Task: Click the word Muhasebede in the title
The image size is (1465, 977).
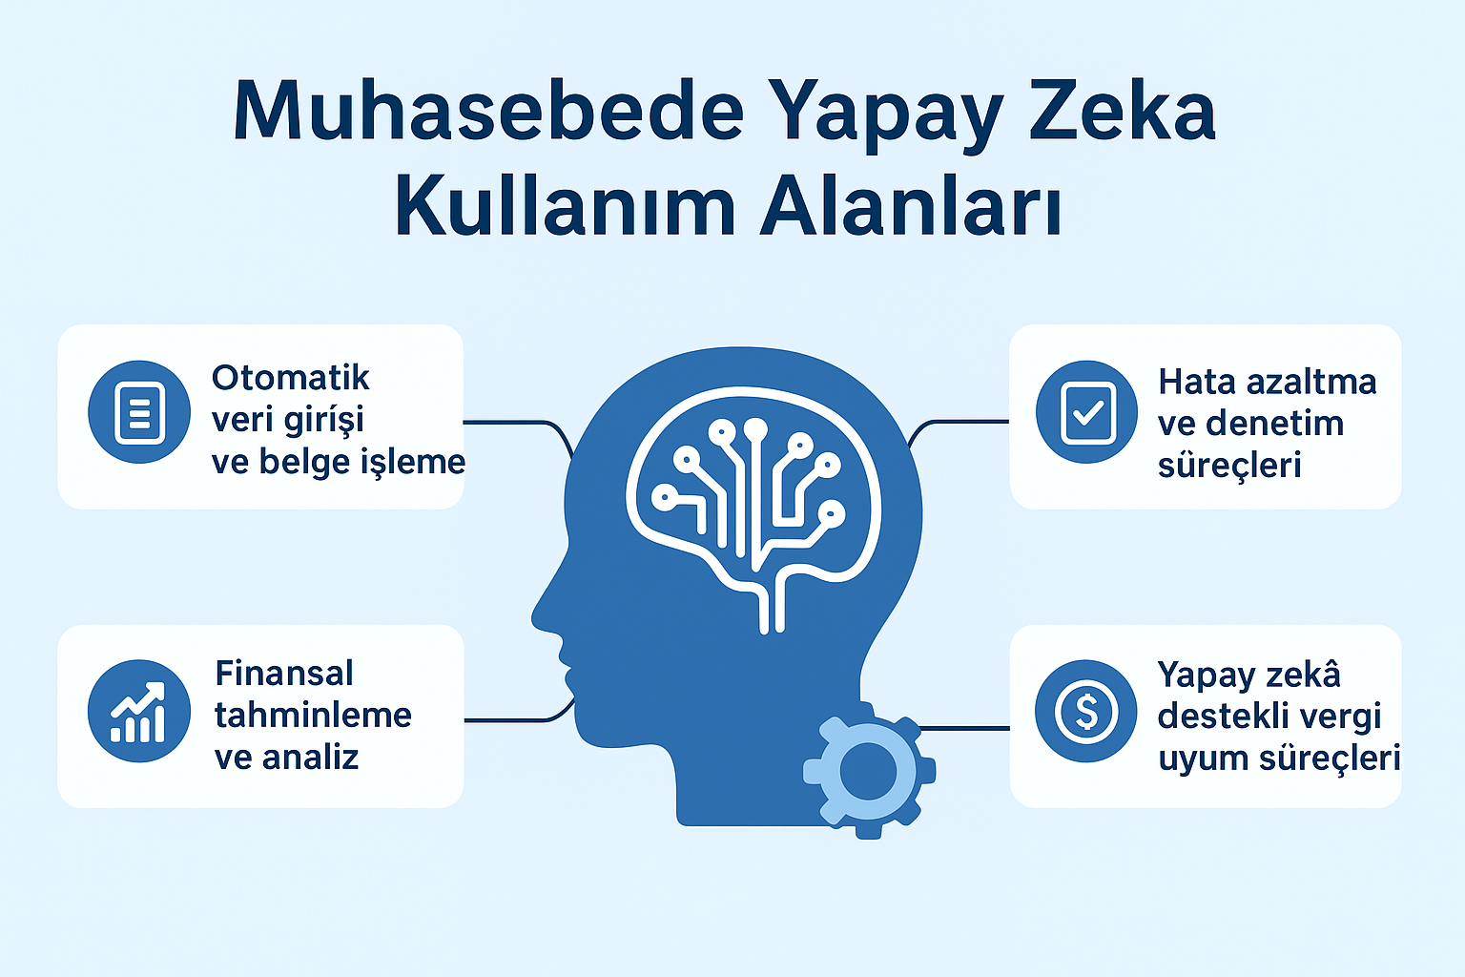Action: coord(487,113)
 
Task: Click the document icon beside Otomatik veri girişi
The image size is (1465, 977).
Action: coord(139,412)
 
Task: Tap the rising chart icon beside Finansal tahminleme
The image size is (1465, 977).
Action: coord(139,712)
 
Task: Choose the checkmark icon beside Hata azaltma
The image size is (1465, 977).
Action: coord(1087,412)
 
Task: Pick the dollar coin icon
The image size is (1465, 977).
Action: coord(1085,711)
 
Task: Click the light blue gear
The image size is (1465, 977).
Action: coord(868,772)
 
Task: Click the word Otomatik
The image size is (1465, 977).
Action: coord(291,378)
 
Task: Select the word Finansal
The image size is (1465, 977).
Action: coord(284,674)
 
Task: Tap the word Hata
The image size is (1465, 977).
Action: coord(1195,382)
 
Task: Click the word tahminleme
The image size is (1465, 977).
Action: coord(313,715)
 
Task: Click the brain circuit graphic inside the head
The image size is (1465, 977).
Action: coord(753,496)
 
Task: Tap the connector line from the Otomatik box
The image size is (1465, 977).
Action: coord(515,423)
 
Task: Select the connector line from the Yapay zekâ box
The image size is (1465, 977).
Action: coord(963,728)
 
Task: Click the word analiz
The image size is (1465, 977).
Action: coord(310,757)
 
